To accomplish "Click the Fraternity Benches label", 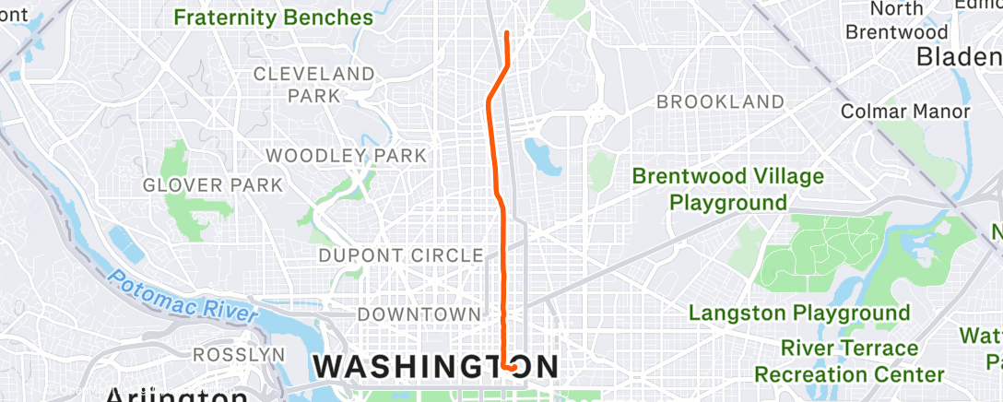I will (x=273, y=18).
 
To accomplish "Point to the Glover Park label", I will (x=213, y=185).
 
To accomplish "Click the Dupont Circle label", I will (x=400, y=254).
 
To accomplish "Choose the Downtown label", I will (x=413, y=314).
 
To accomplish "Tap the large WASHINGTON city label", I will (x=435, y=366).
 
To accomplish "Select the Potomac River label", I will (x=183, y=295).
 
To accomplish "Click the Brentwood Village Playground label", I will (x=728, y=188).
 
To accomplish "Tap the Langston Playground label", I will (x=799, y=313).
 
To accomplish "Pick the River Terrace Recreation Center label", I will (x=849, y=361).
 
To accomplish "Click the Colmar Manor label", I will (x=906, y=112).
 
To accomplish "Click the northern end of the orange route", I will (x=507, y=33).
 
